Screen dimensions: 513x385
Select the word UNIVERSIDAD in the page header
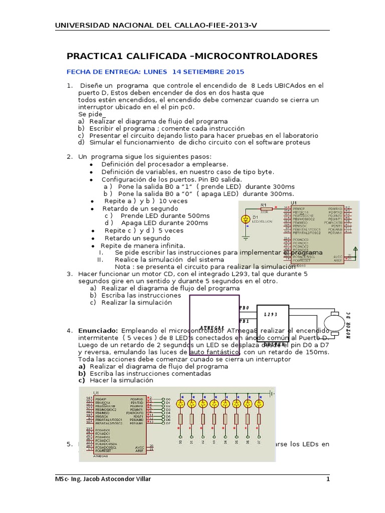tap(84, 26)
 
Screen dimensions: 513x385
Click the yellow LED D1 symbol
tap(246, 219)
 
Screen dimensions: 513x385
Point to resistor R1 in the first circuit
tap(265, 209)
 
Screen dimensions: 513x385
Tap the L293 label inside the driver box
tap(271, 315)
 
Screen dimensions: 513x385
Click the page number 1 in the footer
tap(328, 479)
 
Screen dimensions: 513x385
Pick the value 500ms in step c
tap(198, 215)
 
